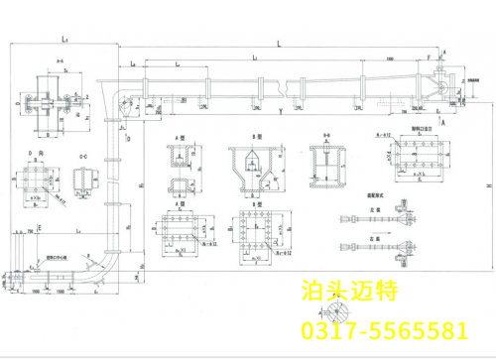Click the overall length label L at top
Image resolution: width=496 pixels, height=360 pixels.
(x=280, y=44)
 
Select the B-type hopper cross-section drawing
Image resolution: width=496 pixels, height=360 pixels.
(x=251, y=166)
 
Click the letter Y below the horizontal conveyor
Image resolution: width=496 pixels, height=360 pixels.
(x=282, y=110)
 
